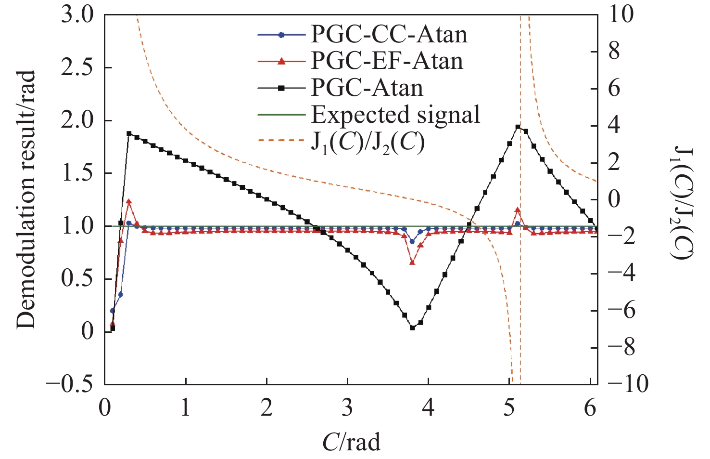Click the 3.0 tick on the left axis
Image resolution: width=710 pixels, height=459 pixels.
(x=78, y=15)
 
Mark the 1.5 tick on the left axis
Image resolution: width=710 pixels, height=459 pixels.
(x=78, y=173)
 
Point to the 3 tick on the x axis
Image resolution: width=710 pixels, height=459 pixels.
(x=347, y=408)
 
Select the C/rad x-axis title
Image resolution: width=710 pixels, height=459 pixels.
(x=351, y=441)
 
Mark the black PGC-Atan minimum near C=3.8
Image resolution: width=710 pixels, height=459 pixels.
(x=412, y=328)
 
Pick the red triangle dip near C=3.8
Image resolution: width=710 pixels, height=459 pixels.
(x=412, y=262)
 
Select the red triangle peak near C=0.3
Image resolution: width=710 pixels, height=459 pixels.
(x=128, y=201)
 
